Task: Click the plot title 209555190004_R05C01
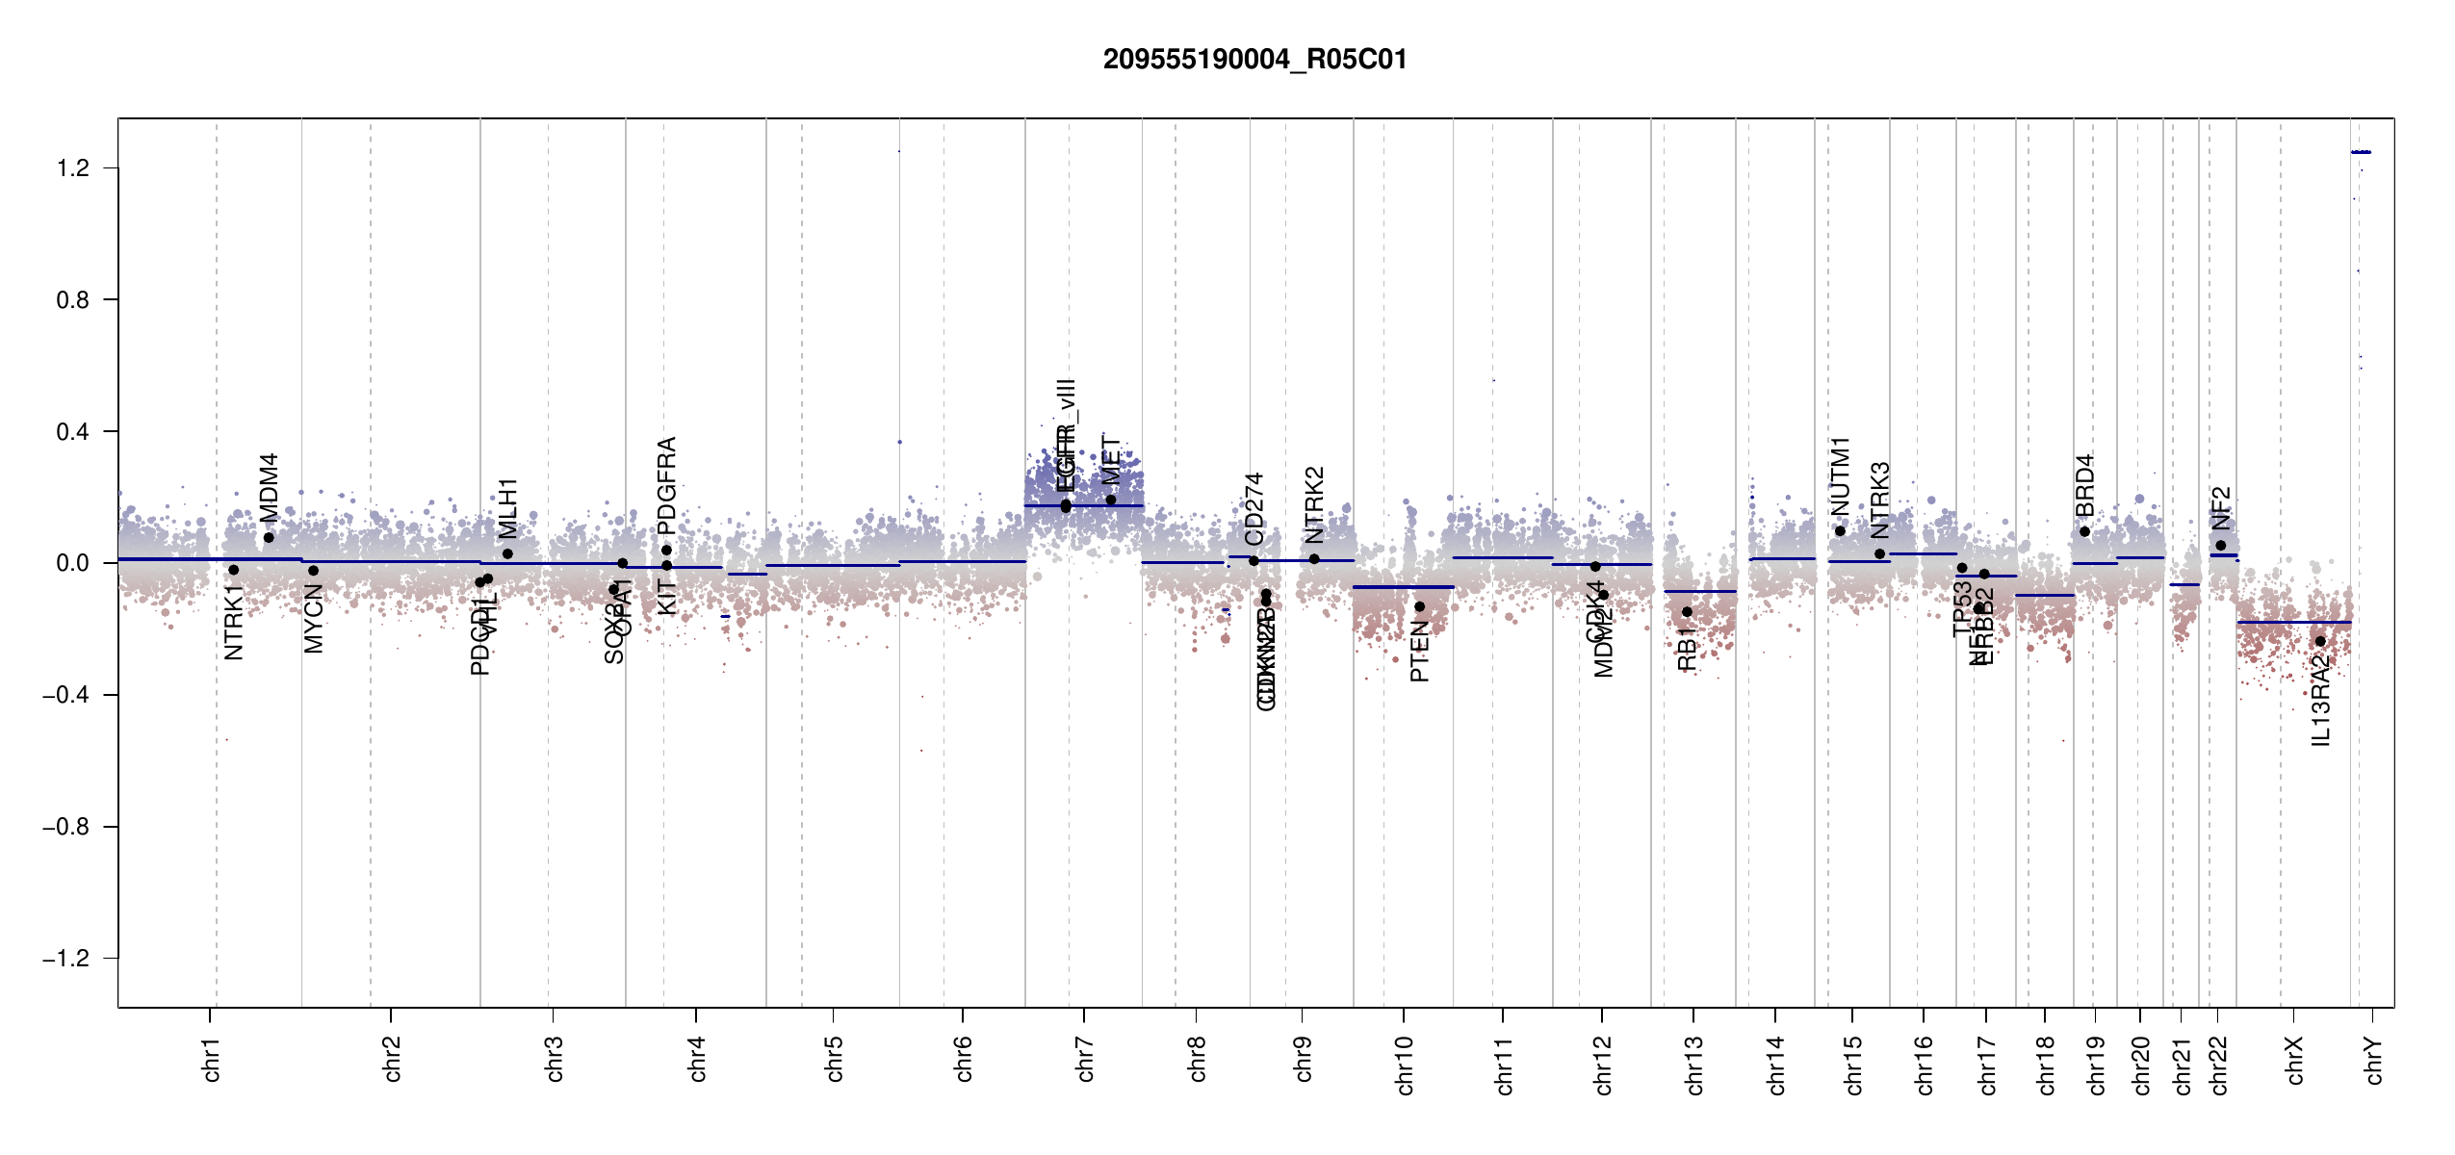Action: (1254, 60)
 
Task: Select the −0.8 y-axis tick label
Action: (65, 827)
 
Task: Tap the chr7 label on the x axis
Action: (1085, 1060)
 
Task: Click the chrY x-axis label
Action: (2374, 1060)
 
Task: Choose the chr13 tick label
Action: (1694, 1065)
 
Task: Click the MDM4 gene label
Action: (269, 486)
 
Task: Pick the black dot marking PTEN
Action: (1419, 607)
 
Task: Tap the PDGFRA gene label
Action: (666, 485)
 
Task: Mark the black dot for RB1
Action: (1687, 612)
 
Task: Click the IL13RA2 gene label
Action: (2320, 700)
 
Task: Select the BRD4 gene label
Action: (2084, 485)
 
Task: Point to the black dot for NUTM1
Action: (1840, 531)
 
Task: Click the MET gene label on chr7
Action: (1111, 460)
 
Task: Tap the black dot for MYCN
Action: (313, 571)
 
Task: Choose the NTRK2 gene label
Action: (1314, 505)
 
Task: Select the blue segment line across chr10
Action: (1403, 587)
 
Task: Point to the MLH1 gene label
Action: (507, 508)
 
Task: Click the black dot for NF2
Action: (2221, 546)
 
